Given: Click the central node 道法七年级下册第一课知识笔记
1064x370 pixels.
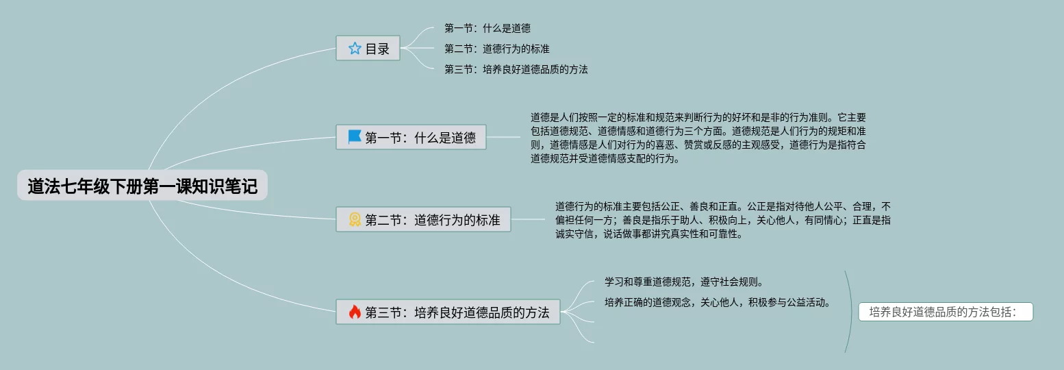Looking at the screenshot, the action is (x=142, y=186).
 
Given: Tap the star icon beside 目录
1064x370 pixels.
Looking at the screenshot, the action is (x=355, y=48).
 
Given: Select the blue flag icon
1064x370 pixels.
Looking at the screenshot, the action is (x=355, y=137).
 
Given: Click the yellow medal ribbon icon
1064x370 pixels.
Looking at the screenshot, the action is (x=355, y=220).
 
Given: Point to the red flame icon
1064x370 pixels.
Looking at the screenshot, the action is (x=355, y=312).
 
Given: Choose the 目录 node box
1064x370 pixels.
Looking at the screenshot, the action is (x=368, y=48).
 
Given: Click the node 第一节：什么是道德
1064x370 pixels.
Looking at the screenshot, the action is (x=411, y=137).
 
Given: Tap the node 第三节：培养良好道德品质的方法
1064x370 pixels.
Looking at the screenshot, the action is (x=448, y=312).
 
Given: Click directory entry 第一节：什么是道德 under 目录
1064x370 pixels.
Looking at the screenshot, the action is (x=487, y=28).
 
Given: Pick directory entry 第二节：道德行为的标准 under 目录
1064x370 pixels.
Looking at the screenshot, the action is (x=496, y=49).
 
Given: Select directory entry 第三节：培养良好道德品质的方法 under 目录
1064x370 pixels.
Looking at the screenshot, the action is (x=516, y=69).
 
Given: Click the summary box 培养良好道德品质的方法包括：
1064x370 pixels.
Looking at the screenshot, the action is (x=945, y=312).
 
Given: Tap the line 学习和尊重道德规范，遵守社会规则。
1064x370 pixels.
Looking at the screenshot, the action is (x=683, y=282).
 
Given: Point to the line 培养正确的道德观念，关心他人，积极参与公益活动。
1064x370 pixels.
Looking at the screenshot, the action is (x=717, y=301).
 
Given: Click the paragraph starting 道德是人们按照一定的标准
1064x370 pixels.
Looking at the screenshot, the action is (x=698, y=138).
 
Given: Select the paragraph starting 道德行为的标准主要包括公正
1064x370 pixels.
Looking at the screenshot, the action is (x=722, y=219).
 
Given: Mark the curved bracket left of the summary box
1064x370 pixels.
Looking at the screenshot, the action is (x=850, y=312).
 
